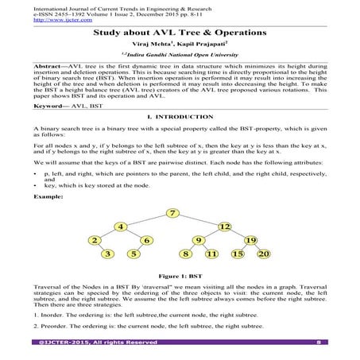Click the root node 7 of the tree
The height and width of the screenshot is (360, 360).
coord(173,211)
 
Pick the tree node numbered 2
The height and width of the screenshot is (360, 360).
coord(95,240)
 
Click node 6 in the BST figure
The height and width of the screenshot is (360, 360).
coord(147,240)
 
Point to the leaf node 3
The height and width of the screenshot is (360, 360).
coord(108,254)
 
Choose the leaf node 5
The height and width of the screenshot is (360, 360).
coord(134,254)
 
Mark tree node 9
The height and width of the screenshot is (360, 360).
coord(199,240)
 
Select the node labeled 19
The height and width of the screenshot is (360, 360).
coord(250,240)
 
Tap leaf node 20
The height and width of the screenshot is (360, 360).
coord(265,254)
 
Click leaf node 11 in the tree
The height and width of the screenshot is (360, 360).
coord(211,254)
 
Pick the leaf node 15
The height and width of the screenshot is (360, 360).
coord(238,254)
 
